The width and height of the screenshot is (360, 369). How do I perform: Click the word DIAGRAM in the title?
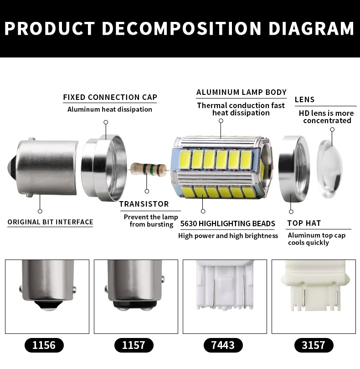click(x=311, y=28)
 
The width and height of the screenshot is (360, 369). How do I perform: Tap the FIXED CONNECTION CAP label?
click(x=110, y=97)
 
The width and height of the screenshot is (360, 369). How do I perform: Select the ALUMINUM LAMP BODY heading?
click(x=241, y=92)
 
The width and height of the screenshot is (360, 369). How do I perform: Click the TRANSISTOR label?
click(x=144, y=204)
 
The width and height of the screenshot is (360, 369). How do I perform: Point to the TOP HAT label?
click(x=304, y=223)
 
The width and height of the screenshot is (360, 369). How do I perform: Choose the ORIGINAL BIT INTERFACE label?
click(x=50, y=222)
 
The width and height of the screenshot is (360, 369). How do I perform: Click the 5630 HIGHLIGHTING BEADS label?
click(x=227, y=223)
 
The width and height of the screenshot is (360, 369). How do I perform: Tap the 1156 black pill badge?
click(x=44, y=345)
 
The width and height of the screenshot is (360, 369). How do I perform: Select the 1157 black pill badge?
click(x=134, y=345)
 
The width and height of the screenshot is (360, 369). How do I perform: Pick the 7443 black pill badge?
click(x=223, y=345)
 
